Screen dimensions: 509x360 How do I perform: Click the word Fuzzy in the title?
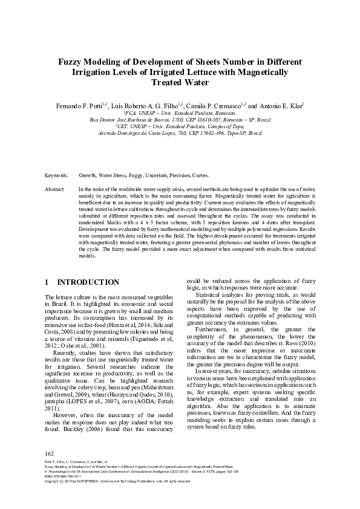pyautogui.click(x=71, y=62)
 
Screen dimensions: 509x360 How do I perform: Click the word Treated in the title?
pyautogui.click(x=166, y=82)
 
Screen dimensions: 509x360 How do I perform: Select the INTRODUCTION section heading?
pyautogui.click(x=88, y=282)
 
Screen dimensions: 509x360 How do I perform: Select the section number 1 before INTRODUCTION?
pyautogui.click(x=48, y=282)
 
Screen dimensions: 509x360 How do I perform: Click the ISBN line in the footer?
pyautogui.click(x=67, y=476)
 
